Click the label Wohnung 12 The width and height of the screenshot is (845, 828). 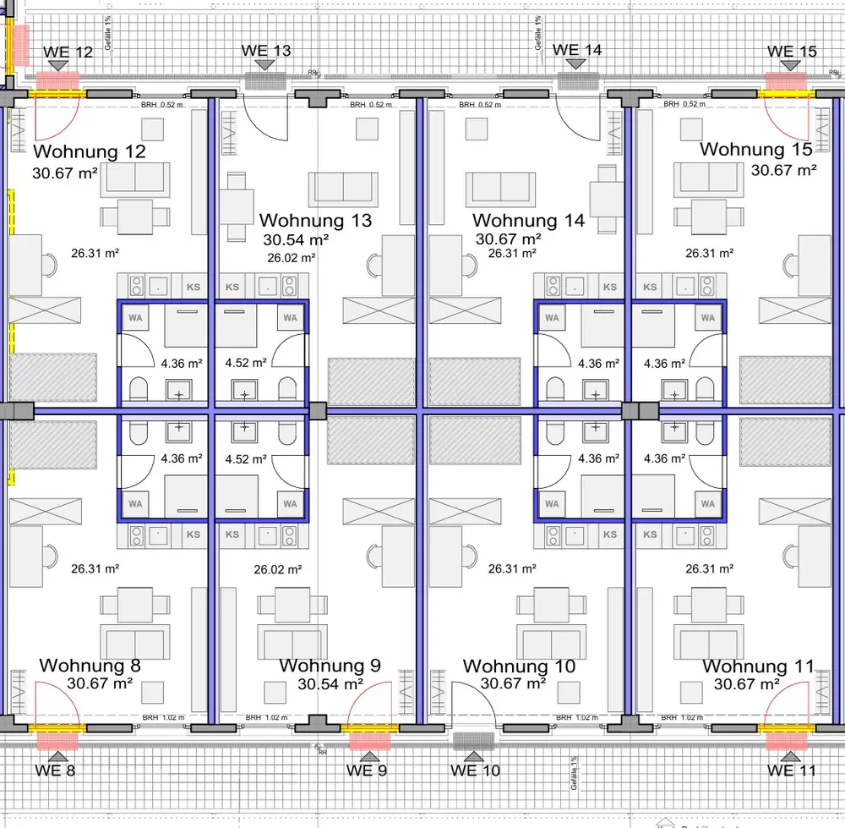[x=89, y=152]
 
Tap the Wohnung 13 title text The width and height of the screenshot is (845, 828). [x=315, y=221]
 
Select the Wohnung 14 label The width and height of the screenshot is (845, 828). [x=528, y=221]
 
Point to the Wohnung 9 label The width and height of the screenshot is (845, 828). [x=330, y=666]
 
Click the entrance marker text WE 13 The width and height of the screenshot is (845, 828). [x=266, y=51]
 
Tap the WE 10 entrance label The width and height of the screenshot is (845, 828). [x=475, y=770]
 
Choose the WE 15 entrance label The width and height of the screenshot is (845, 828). [x=792, y=52]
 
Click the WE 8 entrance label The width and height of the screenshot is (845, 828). [x=56, y=770]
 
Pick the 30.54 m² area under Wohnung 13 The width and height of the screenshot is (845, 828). [x=296, y=239]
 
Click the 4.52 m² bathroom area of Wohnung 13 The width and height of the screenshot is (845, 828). [x=246, y=364]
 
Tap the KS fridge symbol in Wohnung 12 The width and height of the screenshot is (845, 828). [x=194, y=288]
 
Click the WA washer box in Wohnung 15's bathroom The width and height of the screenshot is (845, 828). [x=708, y=318]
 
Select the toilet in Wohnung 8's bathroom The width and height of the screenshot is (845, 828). [x=138, y=432]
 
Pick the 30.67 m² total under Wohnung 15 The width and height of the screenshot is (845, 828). [x=783, y=169]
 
